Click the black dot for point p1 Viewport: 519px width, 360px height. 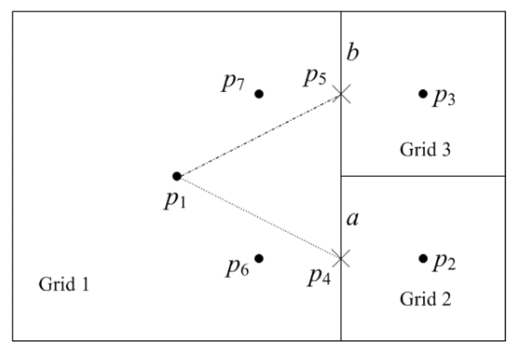(x=177, y=176)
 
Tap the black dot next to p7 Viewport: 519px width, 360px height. (x=259, y=94)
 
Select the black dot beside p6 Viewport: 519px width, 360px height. (x=259, y=258)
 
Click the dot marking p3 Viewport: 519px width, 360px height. (x=423, y=93)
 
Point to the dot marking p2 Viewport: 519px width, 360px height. (x=423, y=258)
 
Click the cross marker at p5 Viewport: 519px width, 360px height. (x=341, y=93)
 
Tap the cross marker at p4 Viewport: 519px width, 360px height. (x=341, y=258)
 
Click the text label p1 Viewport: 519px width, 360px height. (x=175, y=201)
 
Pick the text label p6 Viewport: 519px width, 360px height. (x=237, y=267)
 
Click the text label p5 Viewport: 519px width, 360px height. (x=315, y=77)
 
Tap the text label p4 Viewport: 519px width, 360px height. (x=319, y=276)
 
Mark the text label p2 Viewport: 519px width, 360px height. (x=444, y=262)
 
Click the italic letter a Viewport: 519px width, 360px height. (x=352, y=218)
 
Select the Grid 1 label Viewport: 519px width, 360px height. (x=64, y=284)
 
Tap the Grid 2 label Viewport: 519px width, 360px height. (x=425, y=299)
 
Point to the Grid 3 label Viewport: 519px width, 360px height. (x=425, y=149)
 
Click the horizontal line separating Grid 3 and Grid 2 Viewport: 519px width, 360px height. (x=423, y=176)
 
